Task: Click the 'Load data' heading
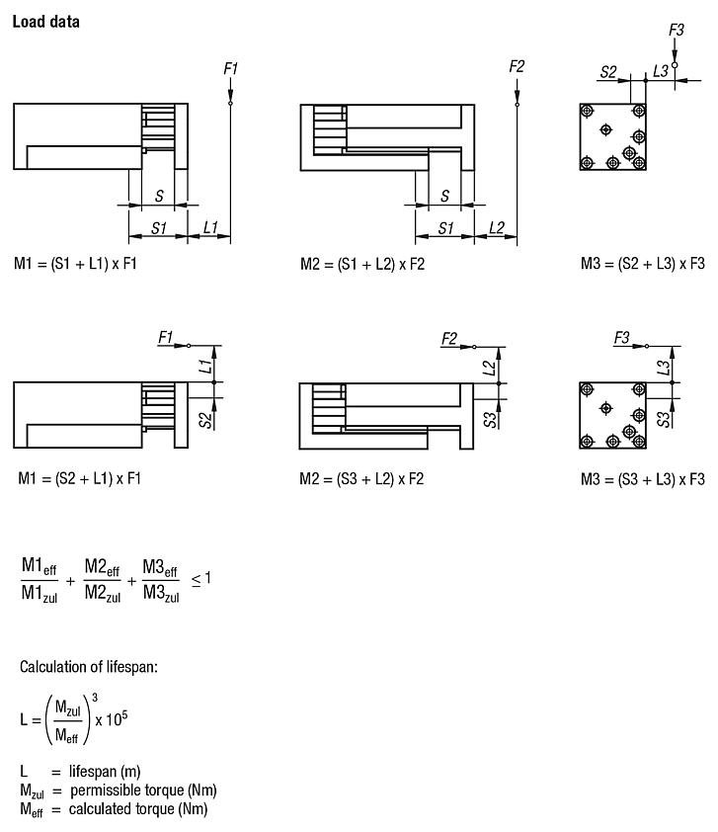pos(45,21)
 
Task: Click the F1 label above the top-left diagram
pos(230,68)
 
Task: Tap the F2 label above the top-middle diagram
pos(517,66)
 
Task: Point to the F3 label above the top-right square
pos(676,30)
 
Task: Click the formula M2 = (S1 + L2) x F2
pos(362,264)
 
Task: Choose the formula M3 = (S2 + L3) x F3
pos(643,264)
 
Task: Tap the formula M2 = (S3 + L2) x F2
pos(362,478)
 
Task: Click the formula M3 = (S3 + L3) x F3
pos(643,479)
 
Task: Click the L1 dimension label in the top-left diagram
pos(210,227)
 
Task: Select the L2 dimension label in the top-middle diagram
pos(496,227)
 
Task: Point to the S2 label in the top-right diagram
pos(609,71)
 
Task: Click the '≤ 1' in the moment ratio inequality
pos(200,577)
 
